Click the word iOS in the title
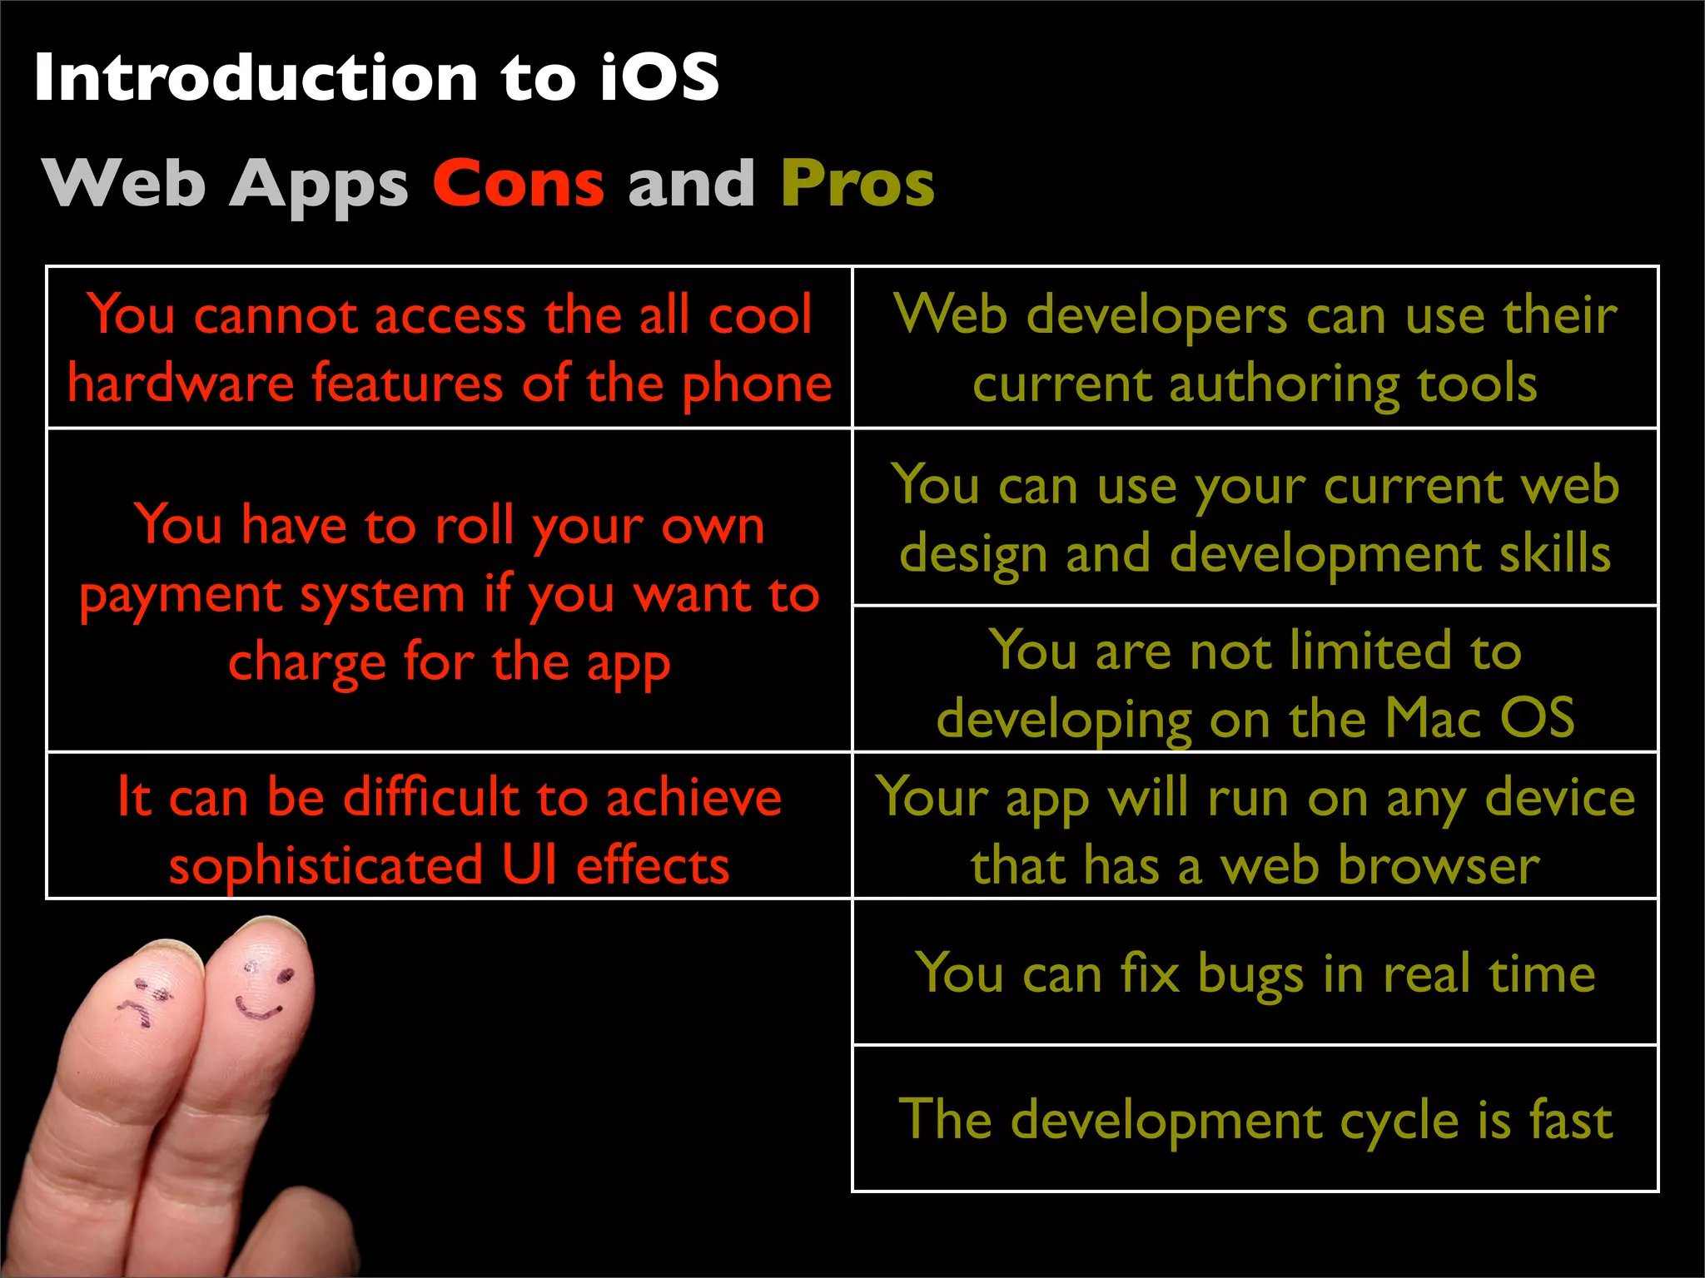(659, 77)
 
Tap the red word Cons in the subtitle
(518, 183)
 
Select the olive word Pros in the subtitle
(857, 185)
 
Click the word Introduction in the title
(255, 77)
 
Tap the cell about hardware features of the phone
(450, 348)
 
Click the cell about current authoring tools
(1255, 348)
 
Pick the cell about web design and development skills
(1255, 518)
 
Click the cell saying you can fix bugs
(1255, 973)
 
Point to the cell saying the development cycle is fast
(1255, 1119)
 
